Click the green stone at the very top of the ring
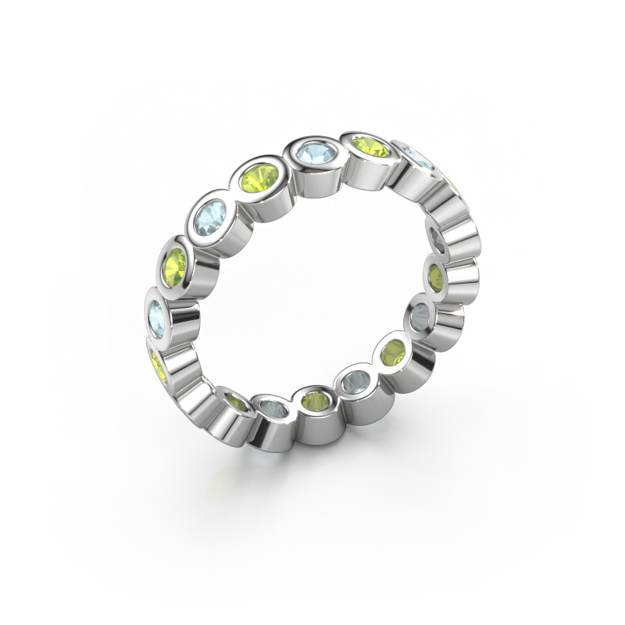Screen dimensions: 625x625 coord(372,145)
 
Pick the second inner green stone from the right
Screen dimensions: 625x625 coord(393,352)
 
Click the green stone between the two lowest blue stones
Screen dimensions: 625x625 coord(316,402)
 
